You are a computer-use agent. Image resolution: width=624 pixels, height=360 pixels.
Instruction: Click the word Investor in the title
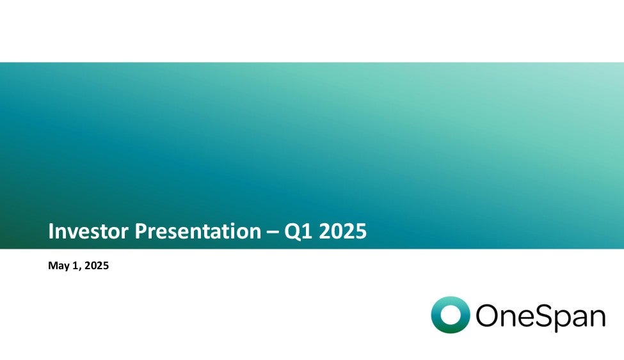(x=89, y=231)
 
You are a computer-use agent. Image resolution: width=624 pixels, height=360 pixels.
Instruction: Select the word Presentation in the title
(x=198, y=231)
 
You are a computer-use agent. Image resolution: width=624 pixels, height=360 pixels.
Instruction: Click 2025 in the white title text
(x=342, y=231)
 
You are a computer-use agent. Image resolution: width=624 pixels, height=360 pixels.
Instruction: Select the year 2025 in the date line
(x=97, y=265)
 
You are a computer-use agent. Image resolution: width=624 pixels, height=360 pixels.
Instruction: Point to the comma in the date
(x=80, y=269)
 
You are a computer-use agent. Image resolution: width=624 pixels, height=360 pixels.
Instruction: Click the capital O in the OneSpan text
(x=486, y=315)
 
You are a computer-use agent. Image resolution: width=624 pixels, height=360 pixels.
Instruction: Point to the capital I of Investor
(x=51, y=231)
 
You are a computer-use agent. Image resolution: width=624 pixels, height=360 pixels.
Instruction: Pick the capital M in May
(x=52, y=265)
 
